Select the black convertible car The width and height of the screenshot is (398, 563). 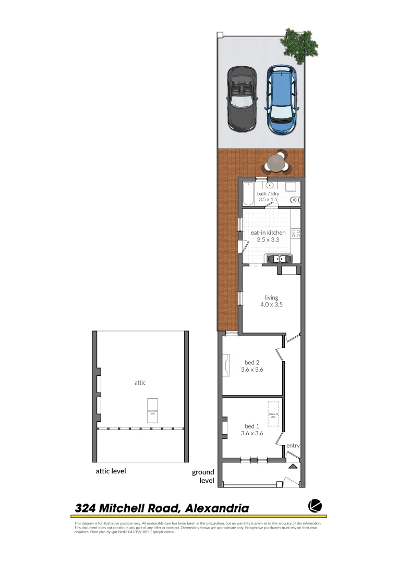pyautogui.click(x=240, y=99)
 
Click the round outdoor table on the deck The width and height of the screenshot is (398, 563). pyautogui.click(x=275, y=163)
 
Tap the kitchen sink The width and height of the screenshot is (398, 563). pyautogui.click(x=280, y=258)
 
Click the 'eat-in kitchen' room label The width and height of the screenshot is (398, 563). pyautogui.click(x=268, y=232)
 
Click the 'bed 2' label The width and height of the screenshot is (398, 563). pyautogui.click(x=252, y=363)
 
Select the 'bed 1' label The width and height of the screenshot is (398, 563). pyautogui.click(x=252, y=426)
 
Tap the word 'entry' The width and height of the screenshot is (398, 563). pyautogui.click(x=293, y=446)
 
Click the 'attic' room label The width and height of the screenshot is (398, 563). pyautogui.click(x=140, y=383)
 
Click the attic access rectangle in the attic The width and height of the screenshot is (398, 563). pyautogui.click(x=152, y=412)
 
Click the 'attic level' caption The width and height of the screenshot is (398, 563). pyautogui.click(x=111, y=471)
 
